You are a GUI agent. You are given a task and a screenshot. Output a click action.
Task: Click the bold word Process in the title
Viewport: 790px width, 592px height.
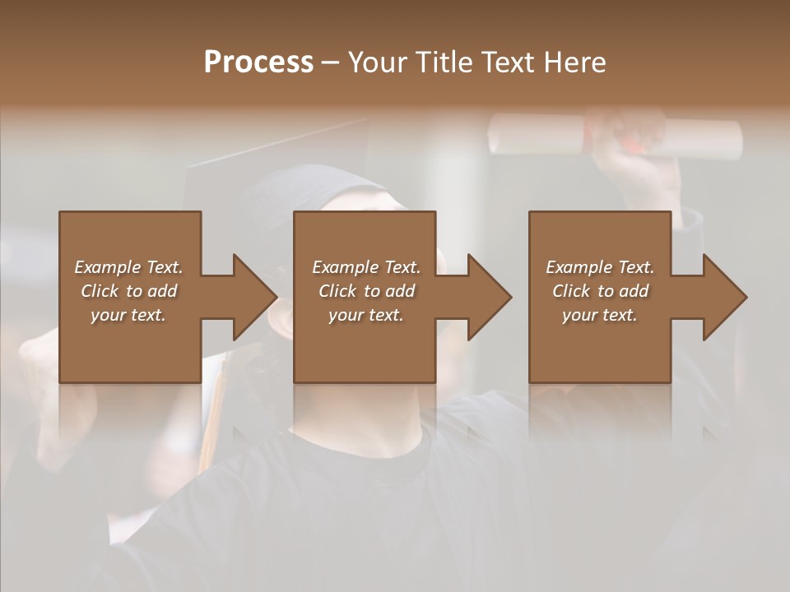(x=258, y=62)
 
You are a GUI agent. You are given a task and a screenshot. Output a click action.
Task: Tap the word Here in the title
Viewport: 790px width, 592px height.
(x=575, y=62)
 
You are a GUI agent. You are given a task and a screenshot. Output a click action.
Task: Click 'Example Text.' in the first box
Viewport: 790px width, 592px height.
(x=128, y=267)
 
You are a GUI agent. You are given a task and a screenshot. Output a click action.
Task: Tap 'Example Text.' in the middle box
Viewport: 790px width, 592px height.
(x=365, y=267)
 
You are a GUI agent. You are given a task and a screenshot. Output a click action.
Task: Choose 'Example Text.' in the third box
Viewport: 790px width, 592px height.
(x=600, y=267)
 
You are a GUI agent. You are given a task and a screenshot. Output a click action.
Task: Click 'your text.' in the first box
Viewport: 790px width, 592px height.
(x=128, y=315)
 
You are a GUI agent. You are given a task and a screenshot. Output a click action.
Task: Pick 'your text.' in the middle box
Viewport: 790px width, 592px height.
(x=365, y=315)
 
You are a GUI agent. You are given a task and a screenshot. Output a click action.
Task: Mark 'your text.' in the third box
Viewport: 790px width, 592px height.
(x=600, y=315)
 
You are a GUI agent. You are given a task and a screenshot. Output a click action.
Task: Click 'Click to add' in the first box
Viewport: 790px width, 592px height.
(x=128, y=291)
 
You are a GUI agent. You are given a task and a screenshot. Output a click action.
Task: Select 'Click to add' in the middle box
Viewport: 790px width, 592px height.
(x=365, y=291)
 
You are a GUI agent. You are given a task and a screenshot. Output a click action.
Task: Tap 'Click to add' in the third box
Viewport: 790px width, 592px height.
(x=600, y=291)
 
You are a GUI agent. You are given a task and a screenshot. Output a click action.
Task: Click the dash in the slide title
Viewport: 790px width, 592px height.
(x=330, y=63)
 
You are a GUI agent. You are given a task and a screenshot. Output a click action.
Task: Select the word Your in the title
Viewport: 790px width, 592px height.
(x=377, y=62)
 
